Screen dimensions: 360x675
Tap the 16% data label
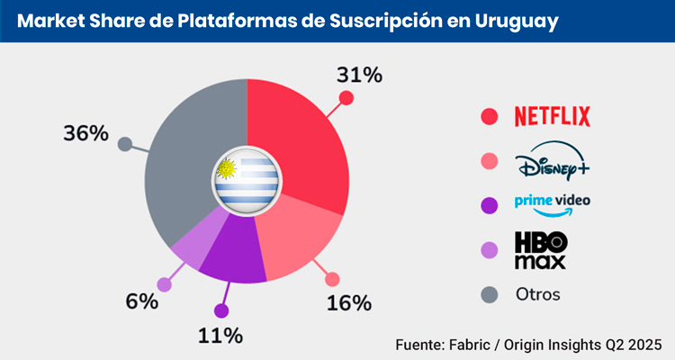point(349,302)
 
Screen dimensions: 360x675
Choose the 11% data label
point(220,335)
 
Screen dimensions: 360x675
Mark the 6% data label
point(142,301)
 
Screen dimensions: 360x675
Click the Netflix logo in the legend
point(552,116)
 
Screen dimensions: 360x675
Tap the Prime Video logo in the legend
point(553,204)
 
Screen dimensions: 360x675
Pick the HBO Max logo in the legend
point(541,250)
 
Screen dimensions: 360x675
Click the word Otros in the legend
point(537,294)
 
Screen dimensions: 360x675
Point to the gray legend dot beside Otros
point(490,294)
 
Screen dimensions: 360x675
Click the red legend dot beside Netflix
point(490,116)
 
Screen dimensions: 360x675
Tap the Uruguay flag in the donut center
point(247,177)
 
